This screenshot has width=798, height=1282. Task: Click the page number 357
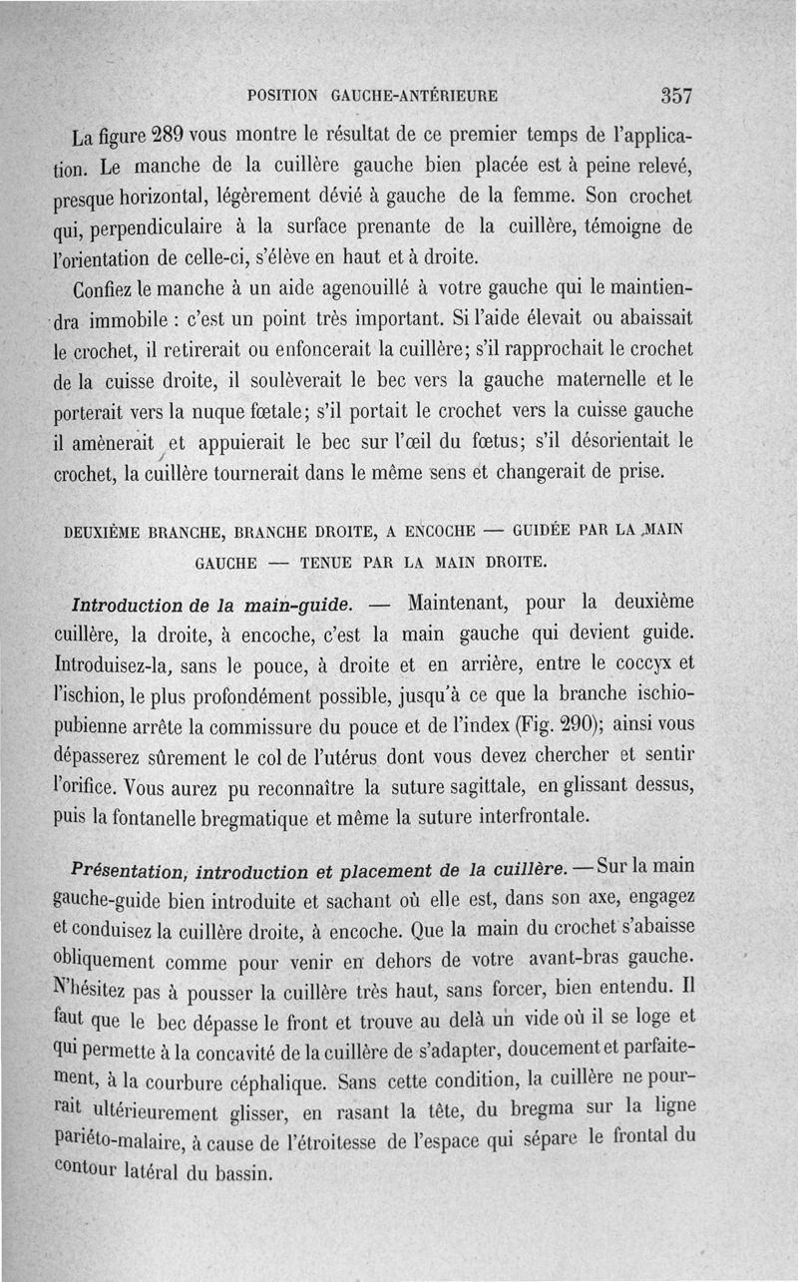(x=675, y=96)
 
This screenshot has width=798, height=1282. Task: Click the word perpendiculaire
(x=168, y=226)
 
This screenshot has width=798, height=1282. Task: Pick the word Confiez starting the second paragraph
(x=105, y=289)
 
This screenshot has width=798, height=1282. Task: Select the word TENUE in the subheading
(x=330, y=562)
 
